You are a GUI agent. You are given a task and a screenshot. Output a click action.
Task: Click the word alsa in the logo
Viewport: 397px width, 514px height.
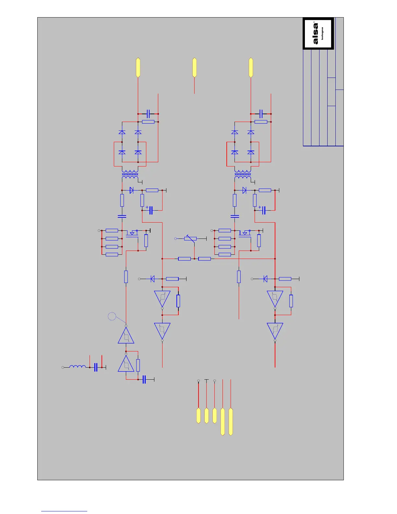(316, 33)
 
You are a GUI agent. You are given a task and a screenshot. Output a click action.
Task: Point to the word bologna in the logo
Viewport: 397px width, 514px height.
(322, 33)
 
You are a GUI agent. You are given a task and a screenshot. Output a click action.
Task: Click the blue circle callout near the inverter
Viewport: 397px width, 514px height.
(112, 316)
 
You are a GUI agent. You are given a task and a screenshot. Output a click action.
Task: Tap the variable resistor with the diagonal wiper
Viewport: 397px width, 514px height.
(190, 239)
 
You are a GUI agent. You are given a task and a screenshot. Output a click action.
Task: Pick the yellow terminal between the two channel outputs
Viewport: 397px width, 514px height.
(194, 67)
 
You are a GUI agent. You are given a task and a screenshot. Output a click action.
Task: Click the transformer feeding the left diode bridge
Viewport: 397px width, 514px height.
(130, 175)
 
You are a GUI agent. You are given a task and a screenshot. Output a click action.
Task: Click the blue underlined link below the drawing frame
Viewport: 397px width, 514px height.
(64, 511)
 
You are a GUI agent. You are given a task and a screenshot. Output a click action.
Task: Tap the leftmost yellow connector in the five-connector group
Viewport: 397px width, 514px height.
(198, 416)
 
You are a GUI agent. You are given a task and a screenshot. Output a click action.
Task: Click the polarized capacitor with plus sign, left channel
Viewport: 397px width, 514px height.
(150, 210)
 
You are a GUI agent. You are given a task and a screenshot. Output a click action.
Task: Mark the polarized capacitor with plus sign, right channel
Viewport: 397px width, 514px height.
(263, 210)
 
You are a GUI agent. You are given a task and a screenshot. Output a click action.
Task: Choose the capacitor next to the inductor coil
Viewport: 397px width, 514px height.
(96, 367)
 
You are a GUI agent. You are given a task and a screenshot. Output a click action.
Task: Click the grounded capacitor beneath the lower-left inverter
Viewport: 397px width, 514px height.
(144, 379)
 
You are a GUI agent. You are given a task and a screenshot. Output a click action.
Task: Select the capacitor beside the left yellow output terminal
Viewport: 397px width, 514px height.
(148, 114)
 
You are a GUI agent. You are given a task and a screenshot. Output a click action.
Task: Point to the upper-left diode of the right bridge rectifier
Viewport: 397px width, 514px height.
(235, 132)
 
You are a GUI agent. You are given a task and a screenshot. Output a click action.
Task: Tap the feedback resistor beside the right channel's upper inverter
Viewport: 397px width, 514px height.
(291, 301)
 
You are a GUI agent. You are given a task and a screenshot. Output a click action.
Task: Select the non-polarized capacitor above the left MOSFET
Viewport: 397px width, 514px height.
(122, 216)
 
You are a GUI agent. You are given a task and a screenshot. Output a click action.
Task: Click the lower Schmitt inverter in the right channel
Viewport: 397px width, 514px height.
(275, 331)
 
